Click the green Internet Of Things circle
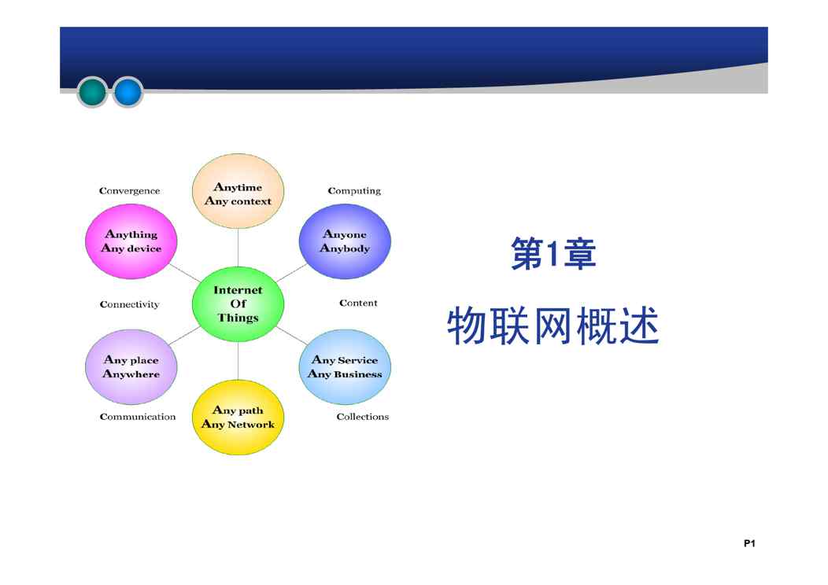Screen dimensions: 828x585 (238, 304)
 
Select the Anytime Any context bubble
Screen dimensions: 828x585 (238, 191)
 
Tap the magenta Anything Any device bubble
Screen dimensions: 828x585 (131, 241)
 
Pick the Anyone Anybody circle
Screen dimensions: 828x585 (345, 241)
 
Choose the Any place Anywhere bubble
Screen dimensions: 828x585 (131, 366)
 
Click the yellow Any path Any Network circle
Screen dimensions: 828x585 (238, 418)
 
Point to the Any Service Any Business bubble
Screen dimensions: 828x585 (345, 366)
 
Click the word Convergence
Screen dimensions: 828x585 (129, 191)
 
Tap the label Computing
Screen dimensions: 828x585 (354, 191)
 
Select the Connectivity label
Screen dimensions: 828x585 (129, 304)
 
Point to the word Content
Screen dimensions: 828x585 (358, 303)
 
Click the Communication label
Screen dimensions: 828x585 (137, 417)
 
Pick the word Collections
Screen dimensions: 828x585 (362, 417)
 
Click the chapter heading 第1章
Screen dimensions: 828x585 (553, 254)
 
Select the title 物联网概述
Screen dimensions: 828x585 (553, 326)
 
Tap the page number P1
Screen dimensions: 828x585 (749, 543)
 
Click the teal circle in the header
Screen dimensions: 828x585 (92, 92)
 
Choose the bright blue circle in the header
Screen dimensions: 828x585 (128, 92)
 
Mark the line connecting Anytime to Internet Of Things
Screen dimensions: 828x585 (238, 248)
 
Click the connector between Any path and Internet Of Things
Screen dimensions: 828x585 (238, 361)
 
